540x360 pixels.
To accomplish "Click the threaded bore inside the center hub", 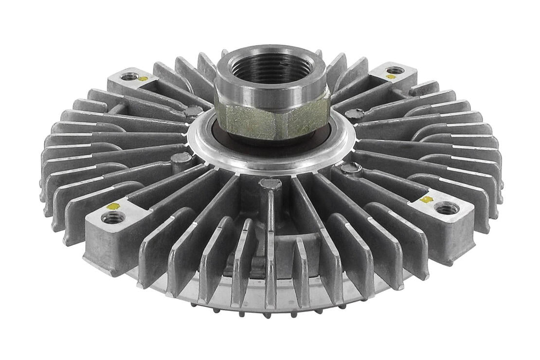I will click(271, 68).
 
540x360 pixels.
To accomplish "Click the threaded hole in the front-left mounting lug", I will click(113, 217).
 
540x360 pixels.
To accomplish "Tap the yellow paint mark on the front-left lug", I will click(113, 206).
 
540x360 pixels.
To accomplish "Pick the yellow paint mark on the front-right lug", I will click(426, 199).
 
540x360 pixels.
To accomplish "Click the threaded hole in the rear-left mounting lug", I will click(129, 76).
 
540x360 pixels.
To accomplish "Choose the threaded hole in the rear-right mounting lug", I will click(395, 70).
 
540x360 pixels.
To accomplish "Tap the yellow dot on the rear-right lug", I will click(390, 77).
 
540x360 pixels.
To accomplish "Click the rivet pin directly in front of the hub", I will click(270, 184).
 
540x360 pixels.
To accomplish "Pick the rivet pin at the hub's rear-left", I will click(193, 111).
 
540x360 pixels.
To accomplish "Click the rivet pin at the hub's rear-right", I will click(354, 114).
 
